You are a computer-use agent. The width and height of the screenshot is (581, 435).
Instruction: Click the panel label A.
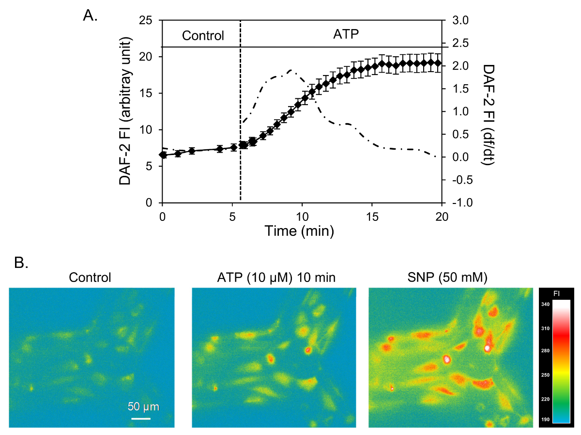pyautogui.click(x=91, y=16)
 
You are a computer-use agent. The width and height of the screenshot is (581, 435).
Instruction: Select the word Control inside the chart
pyautogui.click(x=203, y=35)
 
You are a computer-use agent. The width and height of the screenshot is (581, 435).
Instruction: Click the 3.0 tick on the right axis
pyautogui.click(x=459, y=21)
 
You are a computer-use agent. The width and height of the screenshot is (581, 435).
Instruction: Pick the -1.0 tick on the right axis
pyautogui.click(x=460, y=203)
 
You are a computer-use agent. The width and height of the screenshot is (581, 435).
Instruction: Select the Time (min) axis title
pyautogui.click(x=299, y=231)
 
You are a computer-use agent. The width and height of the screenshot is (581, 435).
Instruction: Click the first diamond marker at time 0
pyautogui.click(x=163, y=155)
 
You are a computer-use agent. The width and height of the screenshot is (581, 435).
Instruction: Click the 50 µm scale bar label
pyautogui.click(x=143, y=406)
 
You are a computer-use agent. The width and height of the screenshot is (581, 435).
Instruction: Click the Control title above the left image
pyautogui.click(x=90, y=278)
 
